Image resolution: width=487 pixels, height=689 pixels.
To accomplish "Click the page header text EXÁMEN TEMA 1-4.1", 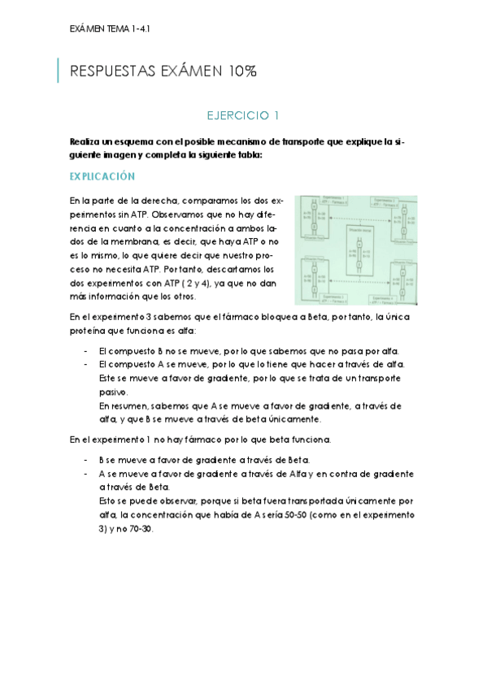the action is click(111, 28).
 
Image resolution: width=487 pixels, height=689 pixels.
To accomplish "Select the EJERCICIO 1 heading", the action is click(243, 115).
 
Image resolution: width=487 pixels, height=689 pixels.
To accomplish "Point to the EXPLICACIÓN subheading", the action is click(102, 176).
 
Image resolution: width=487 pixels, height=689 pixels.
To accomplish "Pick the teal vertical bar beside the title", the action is click(58, 71).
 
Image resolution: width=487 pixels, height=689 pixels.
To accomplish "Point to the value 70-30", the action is click(138, 527).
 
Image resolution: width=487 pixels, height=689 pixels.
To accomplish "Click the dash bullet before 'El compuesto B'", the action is click(86, 350).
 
